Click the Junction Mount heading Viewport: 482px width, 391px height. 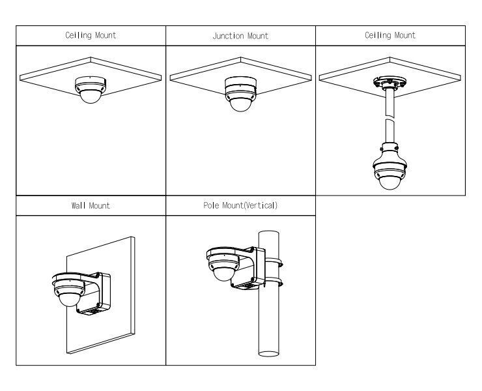tap(240, 36)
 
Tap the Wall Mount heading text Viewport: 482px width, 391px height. tap(91, 205)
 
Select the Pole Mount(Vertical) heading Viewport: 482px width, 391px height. tap(240, 205)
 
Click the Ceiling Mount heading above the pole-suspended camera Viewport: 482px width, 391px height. tap(390, 36)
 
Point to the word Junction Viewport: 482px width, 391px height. tap(227, 36)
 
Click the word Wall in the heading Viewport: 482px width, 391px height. tap(78, 205)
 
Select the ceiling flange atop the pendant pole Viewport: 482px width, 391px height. tap(390, 83)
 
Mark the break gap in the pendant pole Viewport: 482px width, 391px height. tap(390, 117)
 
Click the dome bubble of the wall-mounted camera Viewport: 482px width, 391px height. tap(66, 299)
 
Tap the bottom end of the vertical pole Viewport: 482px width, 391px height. tap(270, 354)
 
